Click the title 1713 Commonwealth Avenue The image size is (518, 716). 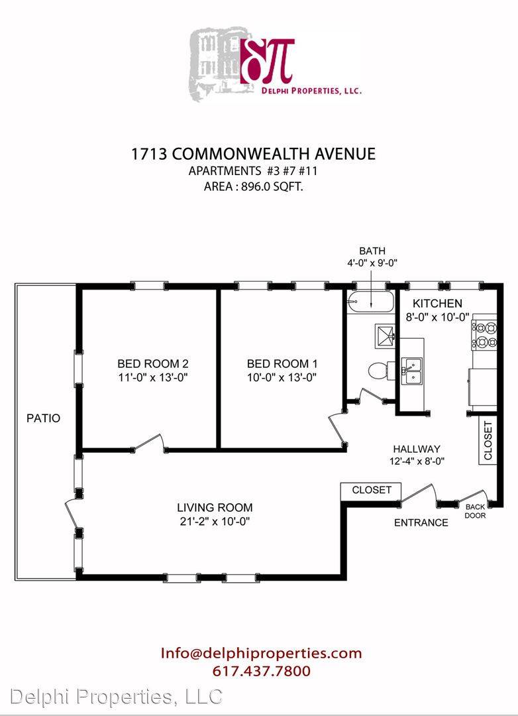[254, 154]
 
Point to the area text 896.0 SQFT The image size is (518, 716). [254, 186]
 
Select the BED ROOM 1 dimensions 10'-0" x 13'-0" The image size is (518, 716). [278, 378]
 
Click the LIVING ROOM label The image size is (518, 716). [214, 507]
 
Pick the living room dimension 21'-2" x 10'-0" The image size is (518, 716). [214, 521]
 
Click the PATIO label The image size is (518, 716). [43, 418]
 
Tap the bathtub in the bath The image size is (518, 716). [370, 302]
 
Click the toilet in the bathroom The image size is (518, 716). [380, 370]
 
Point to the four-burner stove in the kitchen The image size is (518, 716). [483, 333]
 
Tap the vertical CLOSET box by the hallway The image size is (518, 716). [487, 441]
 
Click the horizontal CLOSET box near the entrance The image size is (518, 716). [371, 491]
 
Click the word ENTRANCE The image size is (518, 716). [421, 522]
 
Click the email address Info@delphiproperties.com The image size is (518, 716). [261, 653]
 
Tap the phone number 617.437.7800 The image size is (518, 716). [261, 671]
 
